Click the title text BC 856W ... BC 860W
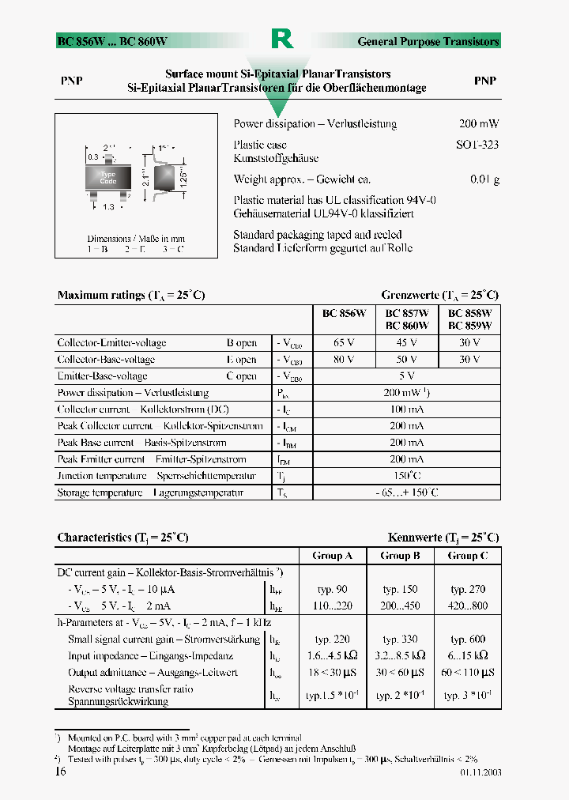coord(111,41)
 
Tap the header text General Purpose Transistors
coord(428,41)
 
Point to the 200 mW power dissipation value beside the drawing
coord(479,124)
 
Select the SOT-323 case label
coord(477,145)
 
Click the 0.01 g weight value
coord(484,179)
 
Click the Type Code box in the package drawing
coord(108,178)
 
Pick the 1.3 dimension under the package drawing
coord(108,207)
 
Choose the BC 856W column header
coord(344,313)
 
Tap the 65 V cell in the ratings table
coord(344,343)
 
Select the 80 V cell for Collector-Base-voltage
coord(344,360)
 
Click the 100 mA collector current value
coord(406,409)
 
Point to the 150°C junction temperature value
coord(406,476)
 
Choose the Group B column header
coord(400,556)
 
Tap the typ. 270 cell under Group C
coord(468,590)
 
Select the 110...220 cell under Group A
coord(332,606)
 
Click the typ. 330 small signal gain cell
coord(400,640)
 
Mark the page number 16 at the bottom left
coord(61,772)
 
